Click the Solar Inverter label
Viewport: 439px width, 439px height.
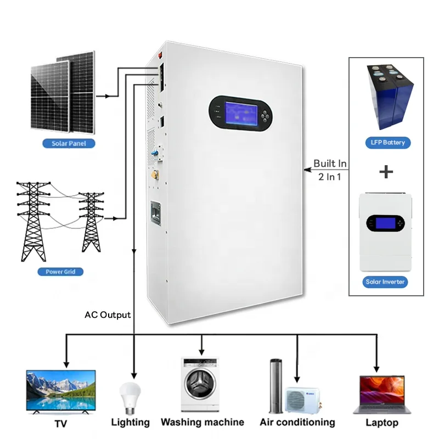coord(385,282)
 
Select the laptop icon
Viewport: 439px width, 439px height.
coord(382,394)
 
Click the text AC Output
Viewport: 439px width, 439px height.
coord(108,315)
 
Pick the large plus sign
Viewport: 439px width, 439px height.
coord(386,172)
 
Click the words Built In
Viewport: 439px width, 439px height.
coord(330,164)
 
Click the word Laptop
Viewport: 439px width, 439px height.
coord(381,423)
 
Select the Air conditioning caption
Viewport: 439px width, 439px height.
coord(297,422)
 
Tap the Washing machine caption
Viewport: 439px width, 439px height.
coord(202,422)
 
